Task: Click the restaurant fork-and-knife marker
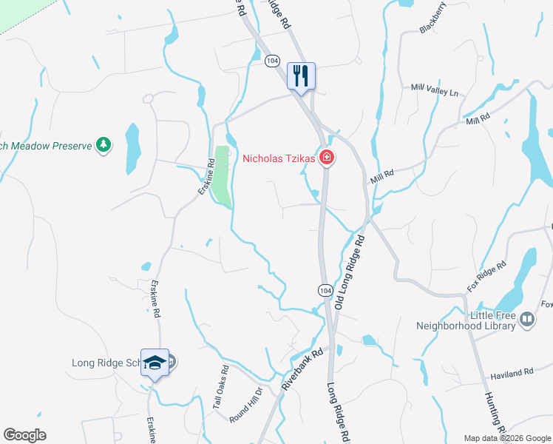click(x=301, y=75)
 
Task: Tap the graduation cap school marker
click(x=155, y=363)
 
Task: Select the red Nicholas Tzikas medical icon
click(x=326, y=158)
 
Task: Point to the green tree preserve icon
click(x=104, y=144)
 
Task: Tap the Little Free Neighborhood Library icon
click(x=527, y=320)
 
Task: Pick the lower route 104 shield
click(x=325, y=289)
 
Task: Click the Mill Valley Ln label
click(x=435, y=90)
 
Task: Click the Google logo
click(x=25, y=435)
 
